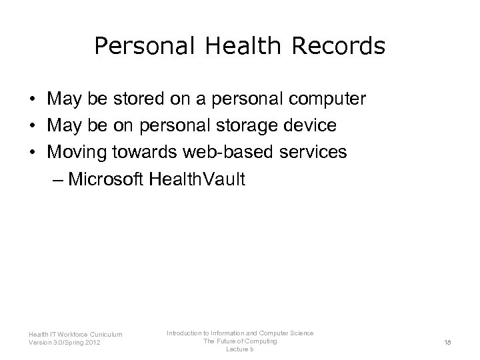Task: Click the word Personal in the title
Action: (135, 46)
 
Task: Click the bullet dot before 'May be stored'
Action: (32, 100)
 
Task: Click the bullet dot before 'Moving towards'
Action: (32, 152)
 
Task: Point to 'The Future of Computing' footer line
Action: (240, 341)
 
